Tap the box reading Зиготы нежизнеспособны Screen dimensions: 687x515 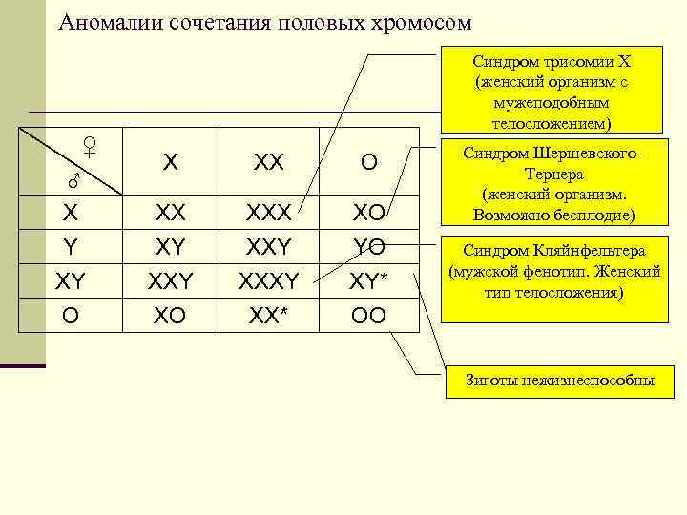(560, 381)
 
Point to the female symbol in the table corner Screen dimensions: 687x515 (89, 146)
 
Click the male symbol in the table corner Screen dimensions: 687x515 (71, 180)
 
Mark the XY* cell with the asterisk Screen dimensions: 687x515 (368, 280)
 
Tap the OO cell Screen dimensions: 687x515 (367, 315)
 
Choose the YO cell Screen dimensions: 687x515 (367, 247)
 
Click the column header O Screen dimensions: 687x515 (367, 163)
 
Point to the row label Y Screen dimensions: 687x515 (71, 247)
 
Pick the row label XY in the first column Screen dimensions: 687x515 (71, 280)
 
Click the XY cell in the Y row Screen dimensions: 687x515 (170, 247)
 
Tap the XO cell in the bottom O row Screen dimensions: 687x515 (170, 315)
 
